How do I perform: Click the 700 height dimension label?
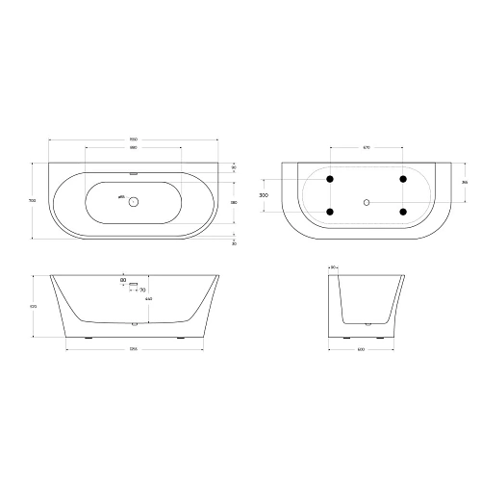click(34, 201)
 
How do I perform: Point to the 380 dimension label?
click(235, 202)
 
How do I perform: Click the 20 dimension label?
click(234, 242)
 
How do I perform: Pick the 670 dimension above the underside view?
click(367, 147)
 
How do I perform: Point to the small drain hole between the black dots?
click(367, 202)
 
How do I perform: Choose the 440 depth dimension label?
click(147, 300)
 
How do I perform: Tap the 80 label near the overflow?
click(123, 280)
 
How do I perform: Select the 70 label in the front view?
click(141, 289)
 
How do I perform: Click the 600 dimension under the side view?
click(367, 347)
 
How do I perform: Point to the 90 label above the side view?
click(333, 267)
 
